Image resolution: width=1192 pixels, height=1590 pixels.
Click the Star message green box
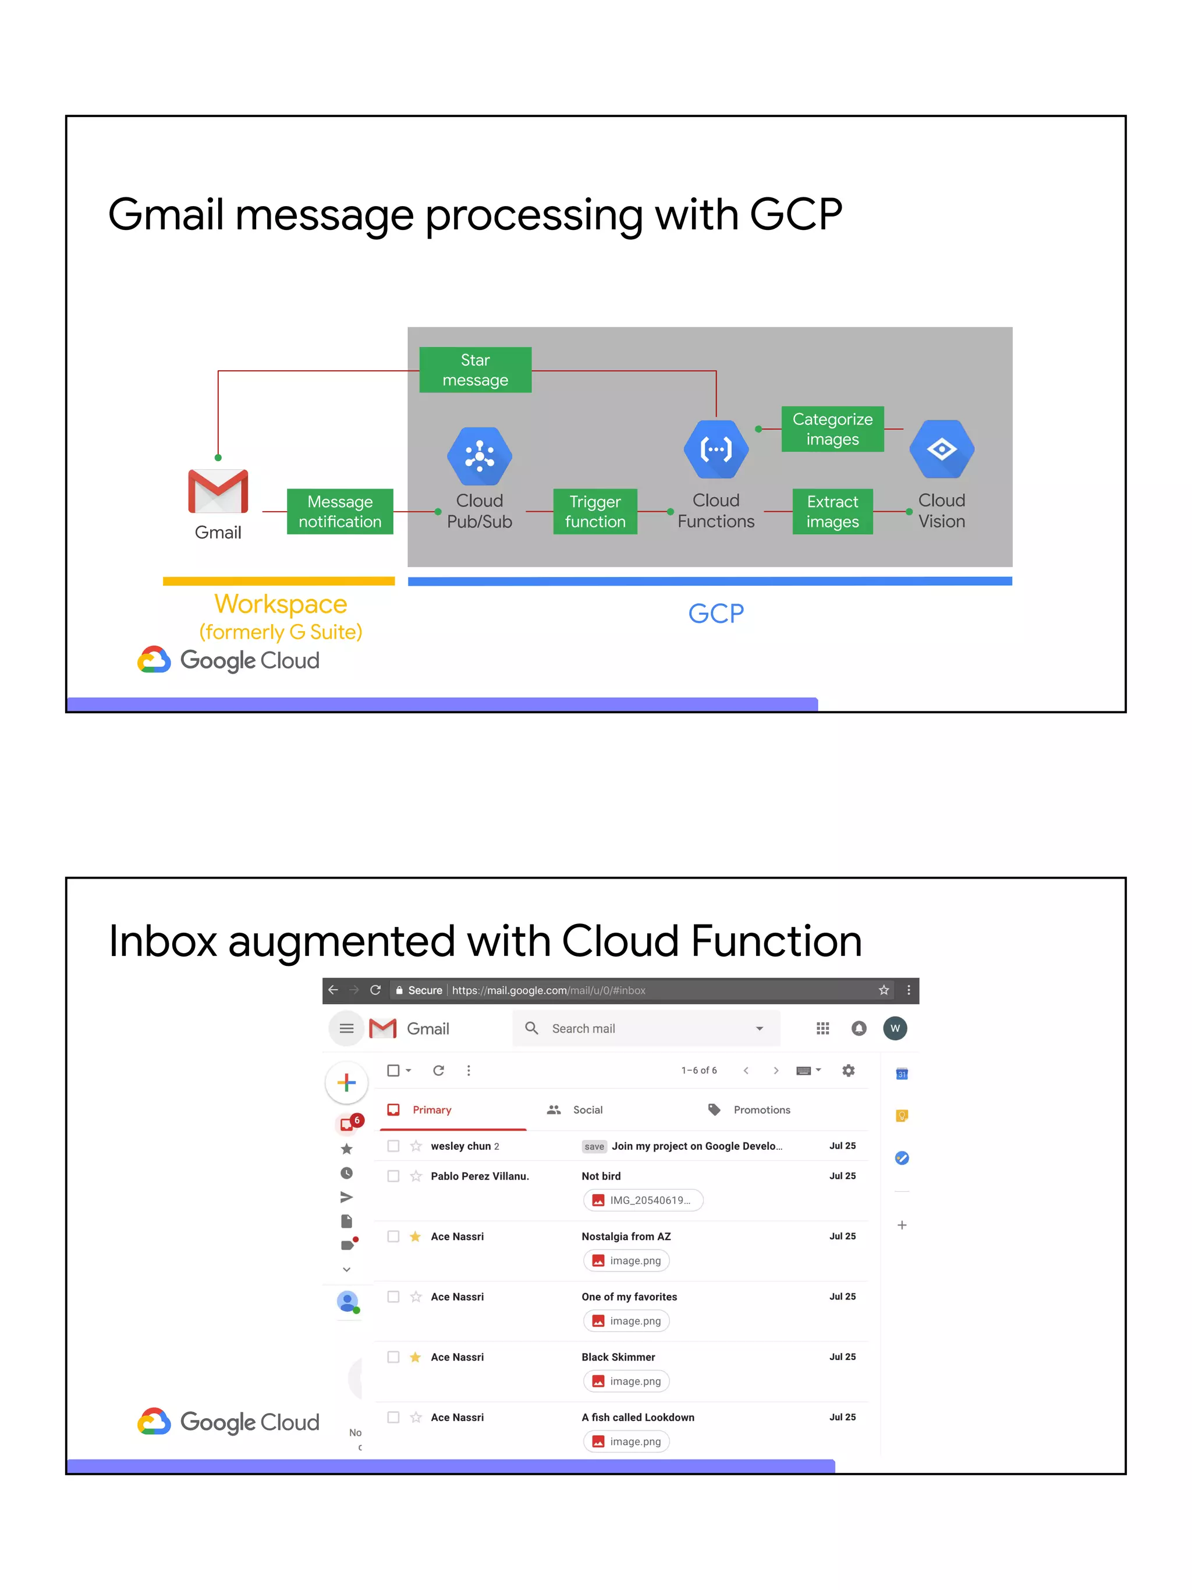point(475,370)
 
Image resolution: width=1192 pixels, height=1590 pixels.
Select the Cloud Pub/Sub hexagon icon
point(479,456)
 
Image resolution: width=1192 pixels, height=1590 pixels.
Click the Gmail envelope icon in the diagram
point(218,491)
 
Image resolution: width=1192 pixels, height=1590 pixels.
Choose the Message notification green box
point(340,511)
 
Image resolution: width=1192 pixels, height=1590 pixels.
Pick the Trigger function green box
point(595,511)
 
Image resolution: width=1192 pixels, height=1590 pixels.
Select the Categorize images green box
point(832,429)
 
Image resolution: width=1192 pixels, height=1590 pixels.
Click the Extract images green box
point(832,511)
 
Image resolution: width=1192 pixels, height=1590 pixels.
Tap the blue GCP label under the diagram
point(716,613)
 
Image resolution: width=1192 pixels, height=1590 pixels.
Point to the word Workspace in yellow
point(280,604)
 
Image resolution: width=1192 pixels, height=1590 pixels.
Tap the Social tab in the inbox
point(587,1110)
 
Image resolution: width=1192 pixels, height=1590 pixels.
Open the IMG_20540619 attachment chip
point(643,1200)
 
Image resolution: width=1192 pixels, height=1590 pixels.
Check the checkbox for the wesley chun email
point(393,1146)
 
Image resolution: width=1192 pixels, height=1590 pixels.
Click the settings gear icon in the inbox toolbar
point(849,1070)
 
